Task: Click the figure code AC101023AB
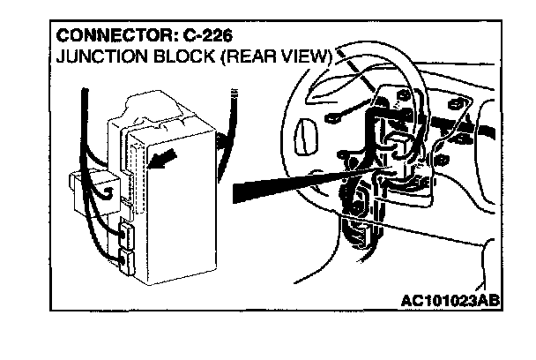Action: click(x=448, y=301)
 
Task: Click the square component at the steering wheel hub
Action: click(x=399, y=146)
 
